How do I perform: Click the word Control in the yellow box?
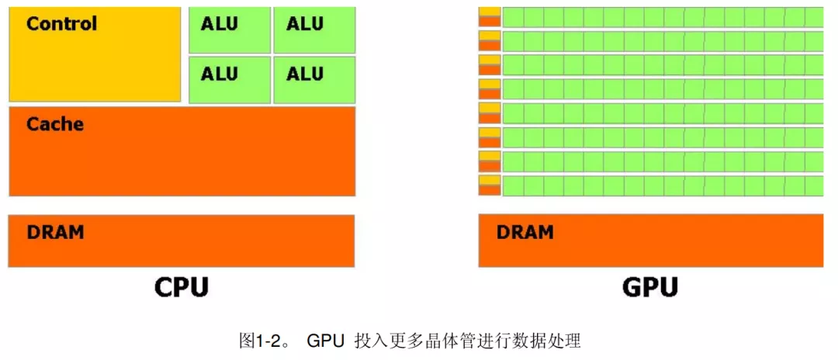(62, 23)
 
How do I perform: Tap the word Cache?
(55, 124)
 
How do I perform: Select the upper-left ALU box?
(230, 30)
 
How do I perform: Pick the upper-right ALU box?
(314, 30)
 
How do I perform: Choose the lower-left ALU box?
(230, 80)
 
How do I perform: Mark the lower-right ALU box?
(314, 80)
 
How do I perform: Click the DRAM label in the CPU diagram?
(55, 232)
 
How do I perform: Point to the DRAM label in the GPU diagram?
(525, 232)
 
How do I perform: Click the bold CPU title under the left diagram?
(181, 287)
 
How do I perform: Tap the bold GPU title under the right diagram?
(650, 287)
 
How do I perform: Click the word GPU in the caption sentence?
(325, 341)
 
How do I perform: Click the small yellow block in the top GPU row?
(490, 11)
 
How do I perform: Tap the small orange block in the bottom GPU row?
(490, 189)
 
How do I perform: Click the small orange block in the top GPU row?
(490, 22)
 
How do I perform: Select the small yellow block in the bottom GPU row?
(490, 179)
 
